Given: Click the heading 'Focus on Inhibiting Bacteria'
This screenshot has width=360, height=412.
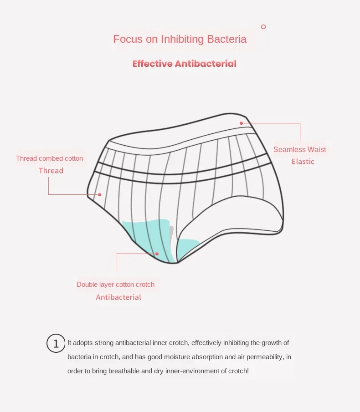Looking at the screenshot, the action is [180, 39].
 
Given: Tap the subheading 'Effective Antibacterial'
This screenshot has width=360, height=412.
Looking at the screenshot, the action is [184, 64].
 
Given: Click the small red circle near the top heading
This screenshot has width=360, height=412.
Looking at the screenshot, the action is [263, 27].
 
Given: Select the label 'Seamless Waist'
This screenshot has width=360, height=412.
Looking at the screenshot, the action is [299, 149].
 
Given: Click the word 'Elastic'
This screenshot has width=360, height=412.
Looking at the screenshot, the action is [303, 162].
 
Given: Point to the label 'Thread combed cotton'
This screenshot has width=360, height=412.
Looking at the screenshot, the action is [49, 158].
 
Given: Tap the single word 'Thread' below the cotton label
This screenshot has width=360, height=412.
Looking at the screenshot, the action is [51, 171].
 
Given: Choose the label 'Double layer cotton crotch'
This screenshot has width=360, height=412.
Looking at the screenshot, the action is [115, 285].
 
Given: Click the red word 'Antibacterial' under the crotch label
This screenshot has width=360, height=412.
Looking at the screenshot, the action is [118, 297].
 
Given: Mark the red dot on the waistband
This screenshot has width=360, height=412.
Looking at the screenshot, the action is [241, 123].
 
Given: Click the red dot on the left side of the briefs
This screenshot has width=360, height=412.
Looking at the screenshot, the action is [99, 194].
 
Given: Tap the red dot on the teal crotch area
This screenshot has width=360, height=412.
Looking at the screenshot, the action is [157, 254].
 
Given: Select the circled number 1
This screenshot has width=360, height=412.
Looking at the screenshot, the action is [56, 343].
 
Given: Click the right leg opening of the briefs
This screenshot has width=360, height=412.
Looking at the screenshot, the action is [232, 219].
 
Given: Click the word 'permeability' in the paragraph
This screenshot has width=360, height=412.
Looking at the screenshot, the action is [265, 357].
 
